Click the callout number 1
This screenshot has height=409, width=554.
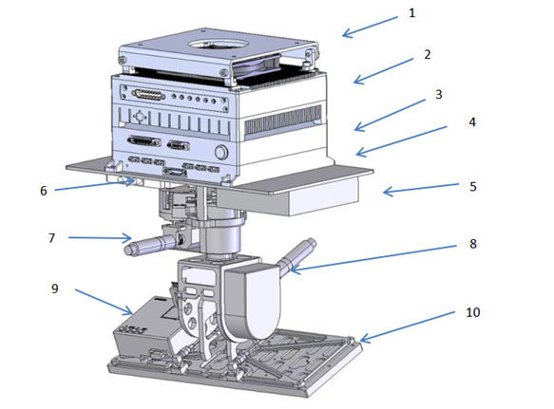click(411, 13)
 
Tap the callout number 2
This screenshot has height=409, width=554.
click(428, 54)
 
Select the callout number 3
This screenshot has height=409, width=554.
click(438, 94)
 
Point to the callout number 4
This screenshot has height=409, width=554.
click(472, 122)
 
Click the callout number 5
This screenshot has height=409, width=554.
click(473, 186)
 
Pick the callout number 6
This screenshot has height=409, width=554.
click(44, 191)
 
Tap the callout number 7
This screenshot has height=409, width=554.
click(51, 238)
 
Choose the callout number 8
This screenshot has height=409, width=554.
click(473, 244)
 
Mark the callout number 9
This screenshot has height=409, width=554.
click(55, 288)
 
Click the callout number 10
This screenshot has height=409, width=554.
click(472, 312)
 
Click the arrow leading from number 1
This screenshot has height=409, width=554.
click(370, 27)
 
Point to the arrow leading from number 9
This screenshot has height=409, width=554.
click(104, 302)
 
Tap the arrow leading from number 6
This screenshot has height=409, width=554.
click(95, 186)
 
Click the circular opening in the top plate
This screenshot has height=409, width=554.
click(218, 45)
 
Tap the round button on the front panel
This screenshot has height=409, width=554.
click(221, 152)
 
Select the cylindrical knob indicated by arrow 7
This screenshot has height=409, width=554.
click(150, 245)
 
